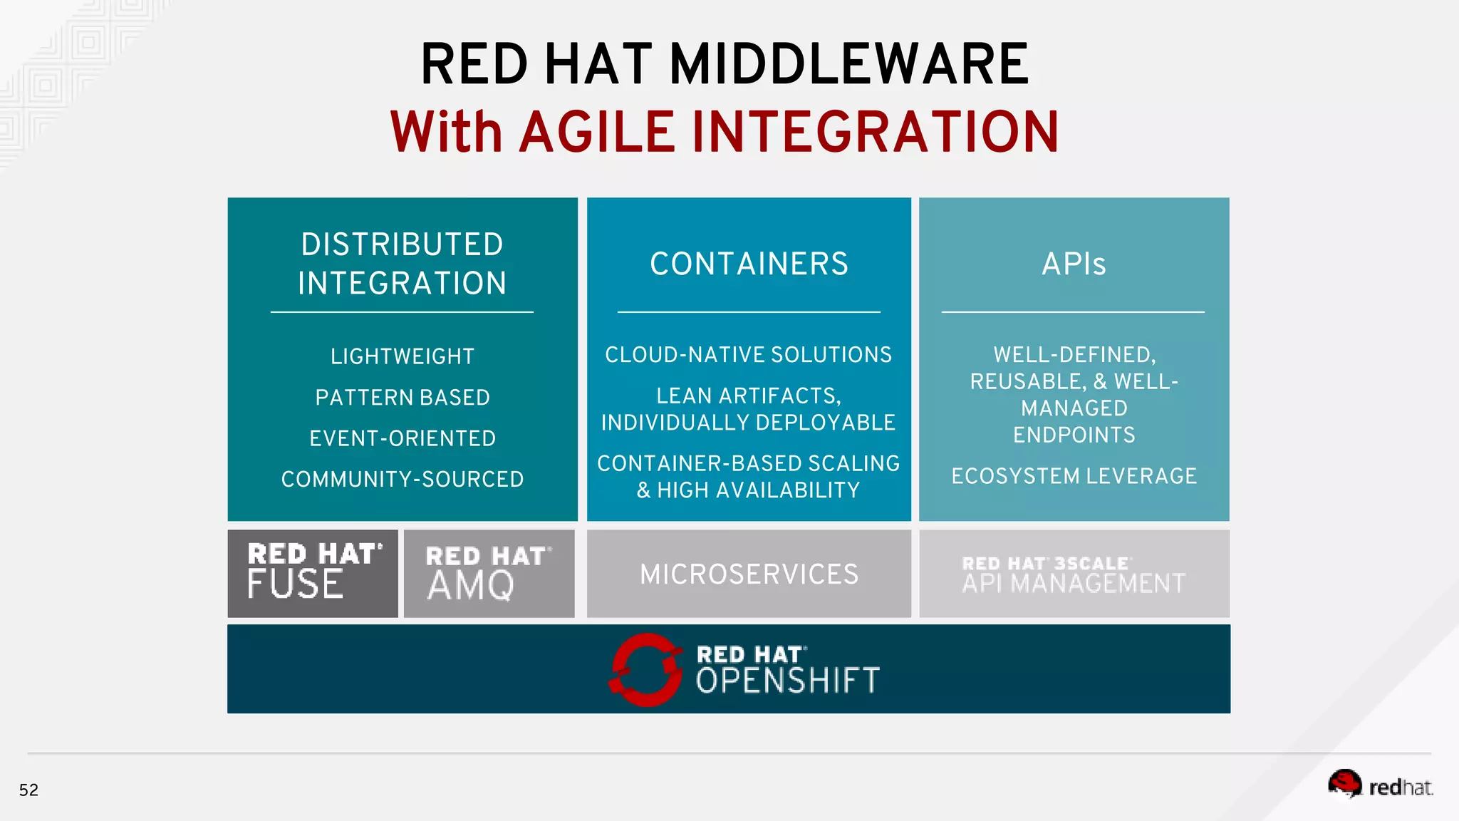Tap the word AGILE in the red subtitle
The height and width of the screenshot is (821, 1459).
(597, 133)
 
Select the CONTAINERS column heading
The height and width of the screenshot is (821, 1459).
(749, 264)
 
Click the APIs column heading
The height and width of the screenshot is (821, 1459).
(1074, 264)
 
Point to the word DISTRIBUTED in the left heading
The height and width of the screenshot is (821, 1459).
(402, 244)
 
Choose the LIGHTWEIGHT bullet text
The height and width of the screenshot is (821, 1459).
(402, 356)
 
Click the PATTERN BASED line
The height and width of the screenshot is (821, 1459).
(402, 397)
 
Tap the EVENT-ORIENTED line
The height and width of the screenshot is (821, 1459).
(402, 438)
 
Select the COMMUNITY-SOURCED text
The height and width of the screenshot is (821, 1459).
(402, 479)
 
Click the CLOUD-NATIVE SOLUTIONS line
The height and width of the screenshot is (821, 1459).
(748, 355)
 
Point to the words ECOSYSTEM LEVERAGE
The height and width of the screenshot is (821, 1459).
(1074, 476)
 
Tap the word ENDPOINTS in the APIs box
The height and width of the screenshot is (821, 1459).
(1074, 435)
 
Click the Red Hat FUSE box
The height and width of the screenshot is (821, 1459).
(313, 574)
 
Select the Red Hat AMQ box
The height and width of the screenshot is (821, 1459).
(489, 574)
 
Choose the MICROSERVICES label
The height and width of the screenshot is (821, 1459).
(749, 574)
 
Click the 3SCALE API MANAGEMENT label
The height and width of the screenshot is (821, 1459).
(1074, 575)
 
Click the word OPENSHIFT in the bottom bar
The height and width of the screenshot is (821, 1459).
(787, 681)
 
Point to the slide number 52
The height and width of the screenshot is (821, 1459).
(28, 790)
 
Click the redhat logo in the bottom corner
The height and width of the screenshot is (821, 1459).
(1380, 785)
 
